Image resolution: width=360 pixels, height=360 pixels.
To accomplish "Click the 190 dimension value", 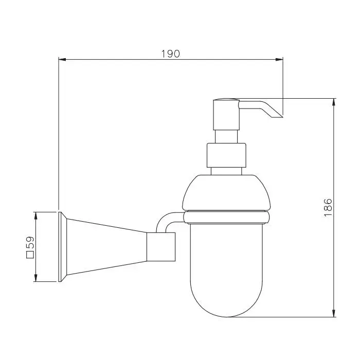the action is coord(171,54).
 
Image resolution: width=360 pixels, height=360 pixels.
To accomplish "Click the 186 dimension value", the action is coord(328,208).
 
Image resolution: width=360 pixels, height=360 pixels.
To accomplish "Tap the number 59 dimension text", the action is coord(30,242).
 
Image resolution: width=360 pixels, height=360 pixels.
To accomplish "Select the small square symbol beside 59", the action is coord(30,255).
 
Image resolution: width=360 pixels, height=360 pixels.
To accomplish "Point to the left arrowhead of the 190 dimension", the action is coord(62,60).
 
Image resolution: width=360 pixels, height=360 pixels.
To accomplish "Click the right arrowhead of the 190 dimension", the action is coord(279,60).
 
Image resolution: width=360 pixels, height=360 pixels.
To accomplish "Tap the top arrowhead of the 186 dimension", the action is coord(334,102).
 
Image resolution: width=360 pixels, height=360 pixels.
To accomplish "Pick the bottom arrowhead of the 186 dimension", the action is coord(334,313).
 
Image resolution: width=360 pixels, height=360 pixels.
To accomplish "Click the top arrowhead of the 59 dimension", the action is coord(35,216).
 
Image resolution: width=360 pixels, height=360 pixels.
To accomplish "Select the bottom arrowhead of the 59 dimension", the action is coord(35,278).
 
